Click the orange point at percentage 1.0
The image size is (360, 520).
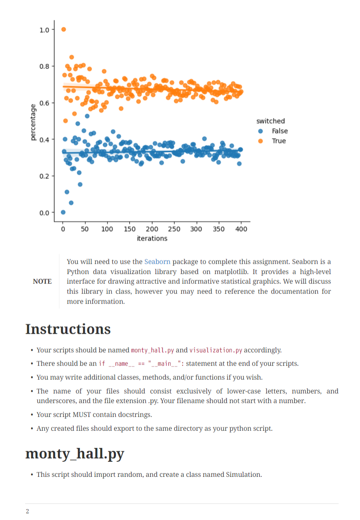64,29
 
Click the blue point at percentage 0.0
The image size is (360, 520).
63,212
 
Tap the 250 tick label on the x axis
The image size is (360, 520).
174,229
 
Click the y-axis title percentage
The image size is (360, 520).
33,122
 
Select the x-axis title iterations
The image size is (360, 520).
152,239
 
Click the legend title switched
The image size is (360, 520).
270,121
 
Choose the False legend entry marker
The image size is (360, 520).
260,131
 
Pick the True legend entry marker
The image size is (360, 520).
260,141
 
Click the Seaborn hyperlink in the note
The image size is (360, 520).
157,262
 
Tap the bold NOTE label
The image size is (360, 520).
42,281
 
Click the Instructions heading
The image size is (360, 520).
68,329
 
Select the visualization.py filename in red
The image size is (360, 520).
216,350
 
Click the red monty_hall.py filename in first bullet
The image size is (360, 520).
152,350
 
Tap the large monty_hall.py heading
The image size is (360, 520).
75,454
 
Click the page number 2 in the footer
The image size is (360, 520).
28,512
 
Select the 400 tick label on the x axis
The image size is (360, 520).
241,229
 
